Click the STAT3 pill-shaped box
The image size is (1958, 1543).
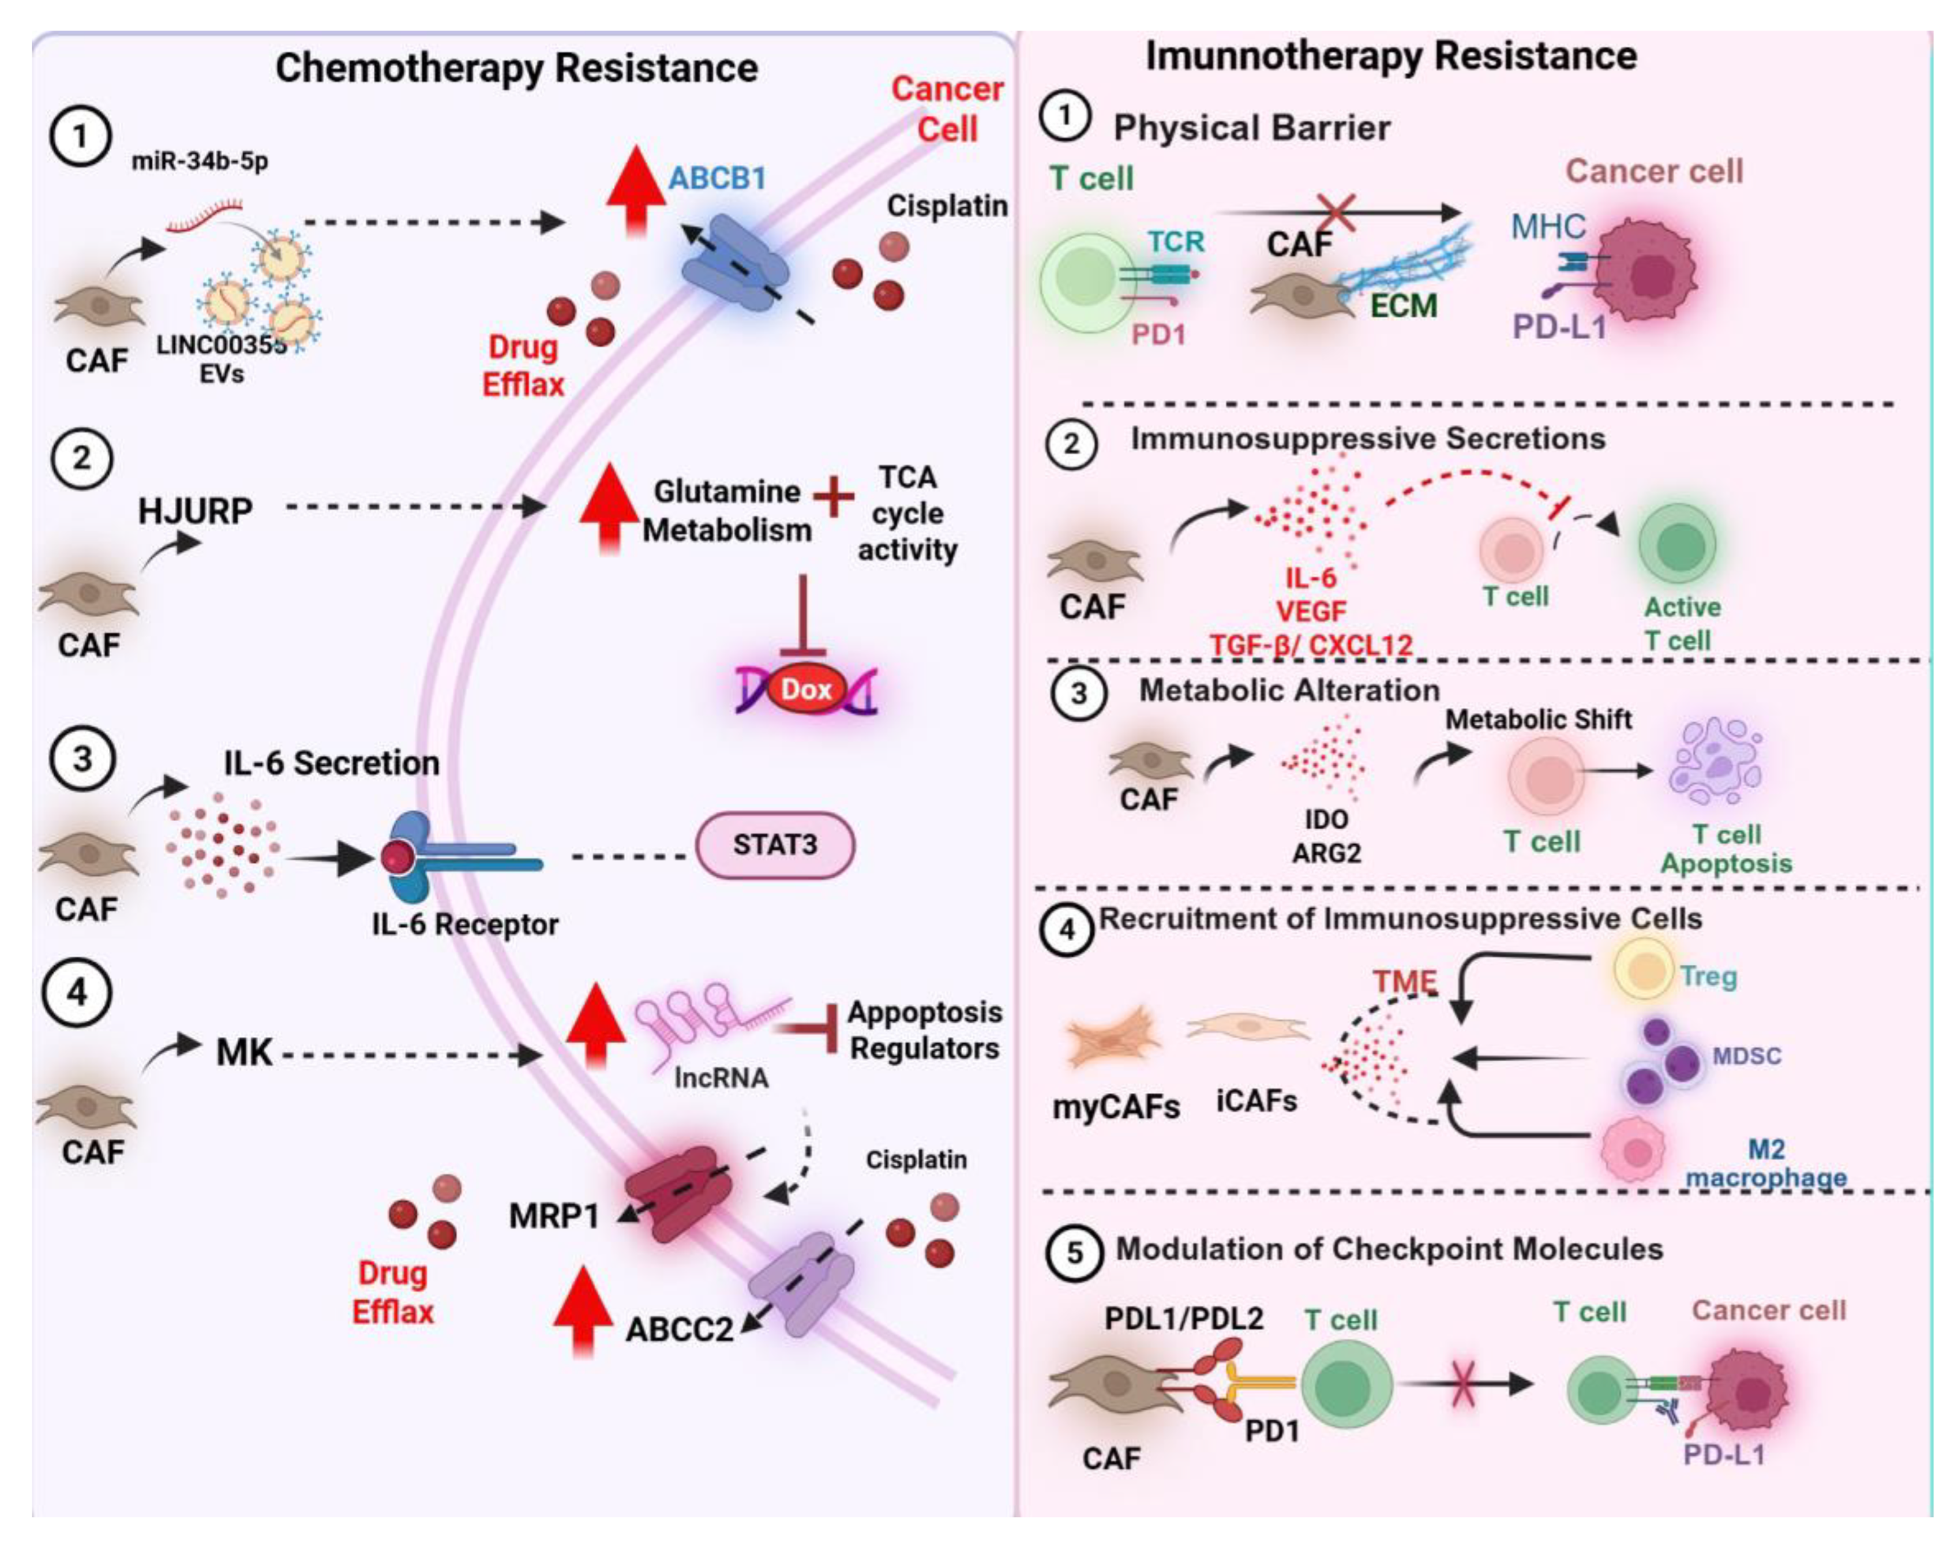tap(774, 845)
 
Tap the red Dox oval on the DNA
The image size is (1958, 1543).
tap(805, 690)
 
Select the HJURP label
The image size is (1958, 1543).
tap(194, 511)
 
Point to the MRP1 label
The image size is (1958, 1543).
tap(554, 1216)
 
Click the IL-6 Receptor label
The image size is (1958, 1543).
tap(465, 924)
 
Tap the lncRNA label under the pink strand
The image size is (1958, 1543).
tap(721, 1078)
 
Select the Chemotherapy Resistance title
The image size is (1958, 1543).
tap(516, 68)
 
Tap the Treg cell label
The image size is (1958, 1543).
tap(1709, 976)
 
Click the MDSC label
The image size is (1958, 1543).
tap(1747, 1055)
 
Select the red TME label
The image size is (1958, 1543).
tap(1405, 982)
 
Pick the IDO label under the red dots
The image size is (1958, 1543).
tap(1326, 819)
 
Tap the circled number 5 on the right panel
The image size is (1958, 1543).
tap(1073, 1253)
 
